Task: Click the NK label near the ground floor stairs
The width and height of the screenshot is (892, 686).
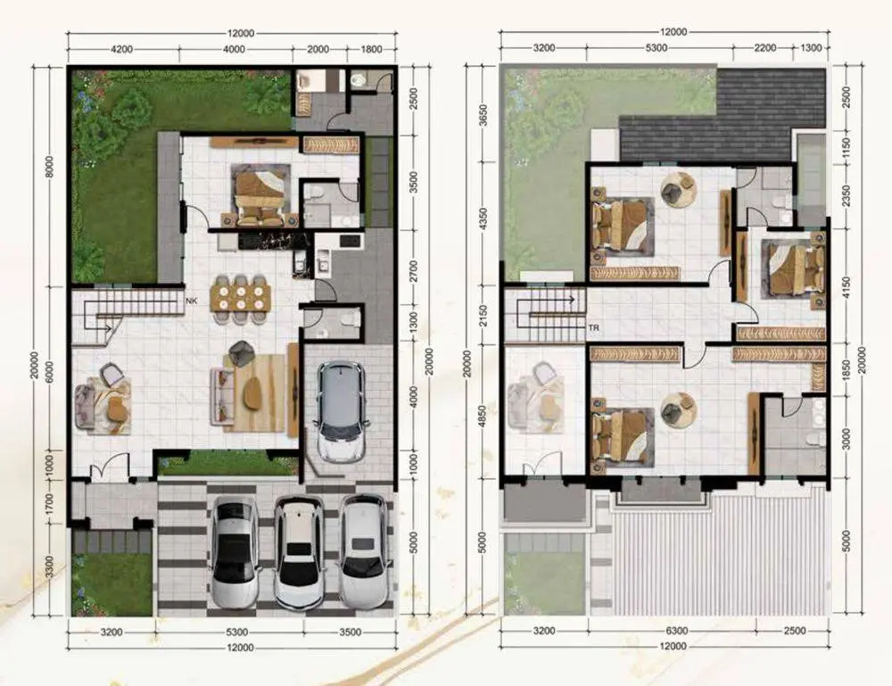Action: point(192,301)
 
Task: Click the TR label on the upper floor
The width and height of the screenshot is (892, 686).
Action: point(593,328)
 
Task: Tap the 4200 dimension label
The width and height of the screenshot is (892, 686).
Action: point(121,49)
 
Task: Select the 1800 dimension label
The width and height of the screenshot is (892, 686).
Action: point(371,49)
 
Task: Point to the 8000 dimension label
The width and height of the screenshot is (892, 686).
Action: point(49,167)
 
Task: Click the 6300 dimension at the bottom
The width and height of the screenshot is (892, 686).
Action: point(676,631)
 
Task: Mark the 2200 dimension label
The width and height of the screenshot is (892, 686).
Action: point(765,48)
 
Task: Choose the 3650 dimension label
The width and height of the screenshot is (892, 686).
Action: point(483,115)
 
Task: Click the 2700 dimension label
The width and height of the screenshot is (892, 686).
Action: point(414,271)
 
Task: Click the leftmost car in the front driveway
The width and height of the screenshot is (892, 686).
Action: point(235,552)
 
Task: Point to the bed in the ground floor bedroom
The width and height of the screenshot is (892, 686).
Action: point(260,194)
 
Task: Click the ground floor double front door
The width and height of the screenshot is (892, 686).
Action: point(102,467)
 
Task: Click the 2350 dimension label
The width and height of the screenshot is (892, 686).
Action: point(846,195)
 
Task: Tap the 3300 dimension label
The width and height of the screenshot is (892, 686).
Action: point(49,566)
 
